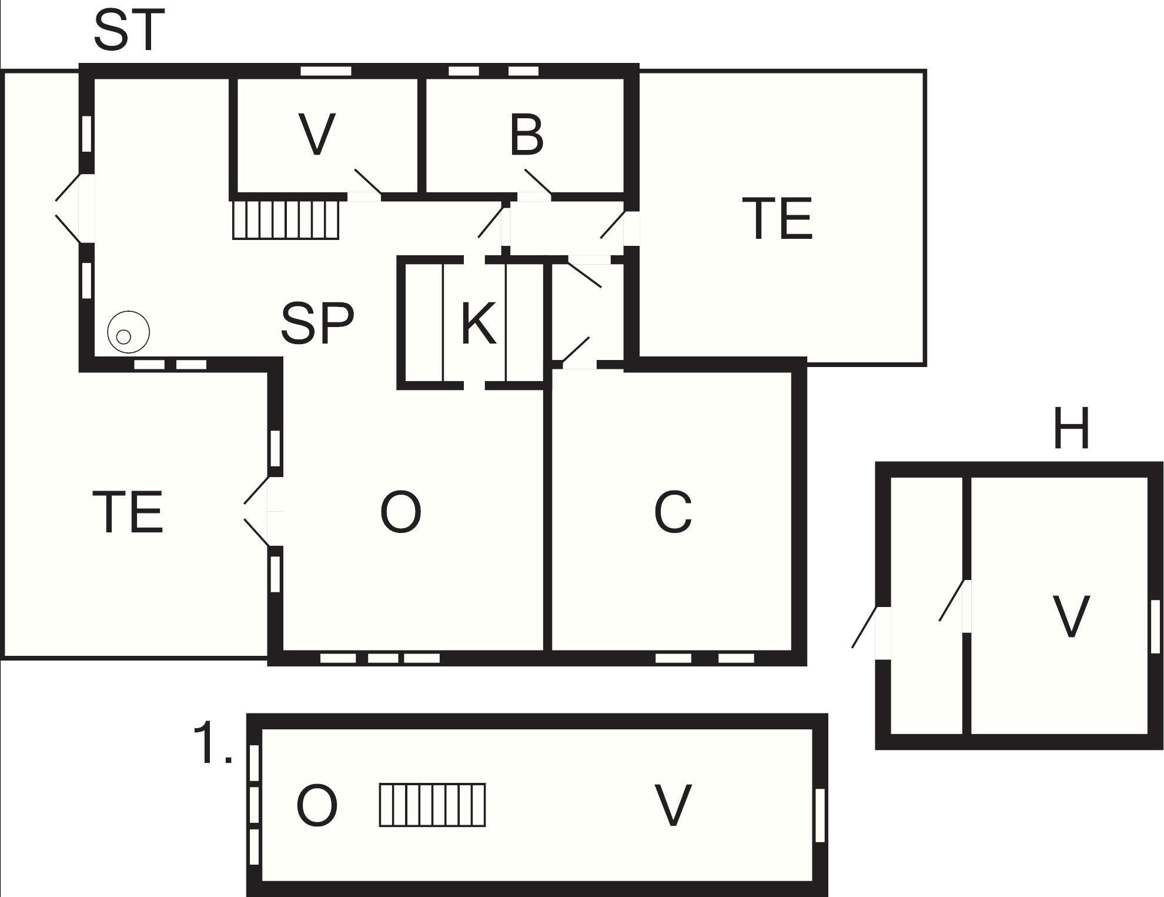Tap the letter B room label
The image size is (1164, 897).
tap(527, 135)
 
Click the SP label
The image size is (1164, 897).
tap(317, 323)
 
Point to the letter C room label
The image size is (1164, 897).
tap(673, 512)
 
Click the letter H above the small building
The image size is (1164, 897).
tap(1071, 428)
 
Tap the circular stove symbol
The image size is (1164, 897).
tap(128, 332)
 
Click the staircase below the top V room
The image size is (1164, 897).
tap(286, 220)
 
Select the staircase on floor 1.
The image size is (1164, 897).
tap(432, 805)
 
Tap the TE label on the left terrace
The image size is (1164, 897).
tap(128, 512)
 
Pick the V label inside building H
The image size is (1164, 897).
tap(1071, 616)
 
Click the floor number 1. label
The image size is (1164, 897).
tap(213, 744)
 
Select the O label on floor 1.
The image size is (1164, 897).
tap(317, 806)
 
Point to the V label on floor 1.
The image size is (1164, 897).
tap(673, 806)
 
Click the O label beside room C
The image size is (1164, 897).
tap(401, 512)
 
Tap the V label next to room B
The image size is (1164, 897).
tap(317, 135)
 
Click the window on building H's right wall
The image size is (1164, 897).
tap(1155, 626)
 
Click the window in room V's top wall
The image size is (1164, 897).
tap(326, 71)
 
